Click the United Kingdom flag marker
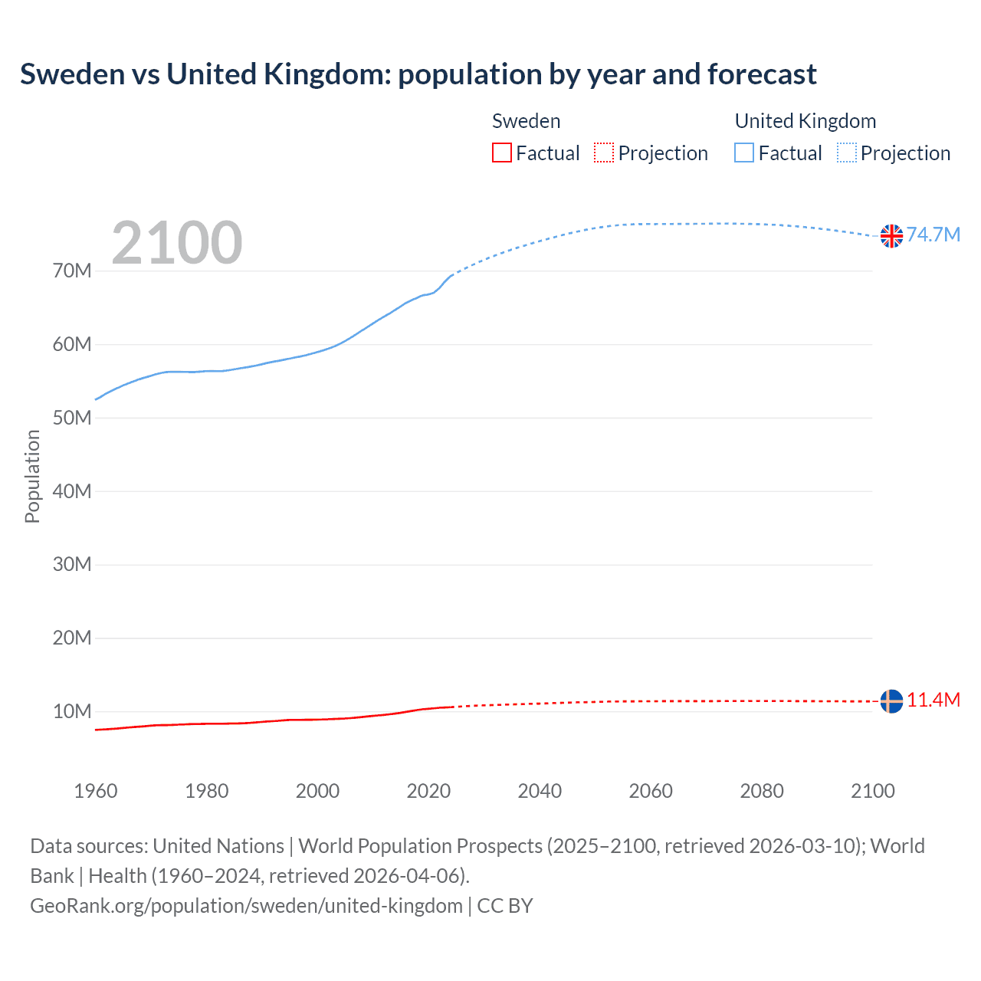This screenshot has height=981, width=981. coord(891,236)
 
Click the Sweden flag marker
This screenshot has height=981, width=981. coord(891,700)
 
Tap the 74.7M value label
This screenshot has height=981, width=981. coord(933,235)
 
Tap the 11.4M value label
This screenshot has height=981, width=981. coord(933,700)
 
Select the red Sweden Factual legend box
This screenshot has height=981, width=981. coord(501,153)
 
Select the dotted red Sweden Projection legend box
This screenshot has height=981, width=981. coord(604,153)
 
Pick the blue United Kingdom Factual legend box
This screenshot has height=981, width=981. coord(743,153)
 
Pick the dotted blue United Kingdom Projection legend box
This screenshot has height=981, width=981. coord(846,153)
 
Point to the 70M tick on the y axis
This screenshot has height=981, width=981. coord(72,271)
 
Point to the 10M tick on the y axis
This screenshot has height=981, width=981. coord(72,712)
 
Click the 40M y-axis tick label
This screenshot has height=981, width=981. coord(72,491)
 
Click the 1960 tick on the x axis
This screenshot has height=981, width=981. coord(96,791)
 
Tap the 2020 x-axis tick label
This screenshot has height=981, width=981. coord(428,791)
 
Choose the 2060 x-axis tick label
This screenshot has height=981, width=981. coord(651,791)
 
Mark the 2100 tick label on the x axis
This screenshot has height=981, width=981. coord(872,791)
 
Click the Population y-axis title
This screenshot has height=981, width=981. coord(32,476)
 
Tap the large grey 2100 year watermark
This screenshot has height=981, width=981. coord(177,243)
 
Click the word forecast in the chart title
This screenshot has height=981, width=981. coord(762,74)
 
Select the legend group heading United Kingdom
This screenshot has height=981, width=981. coord(805,121)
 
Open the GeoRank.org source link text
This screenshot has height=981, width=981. coord(246,906)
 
